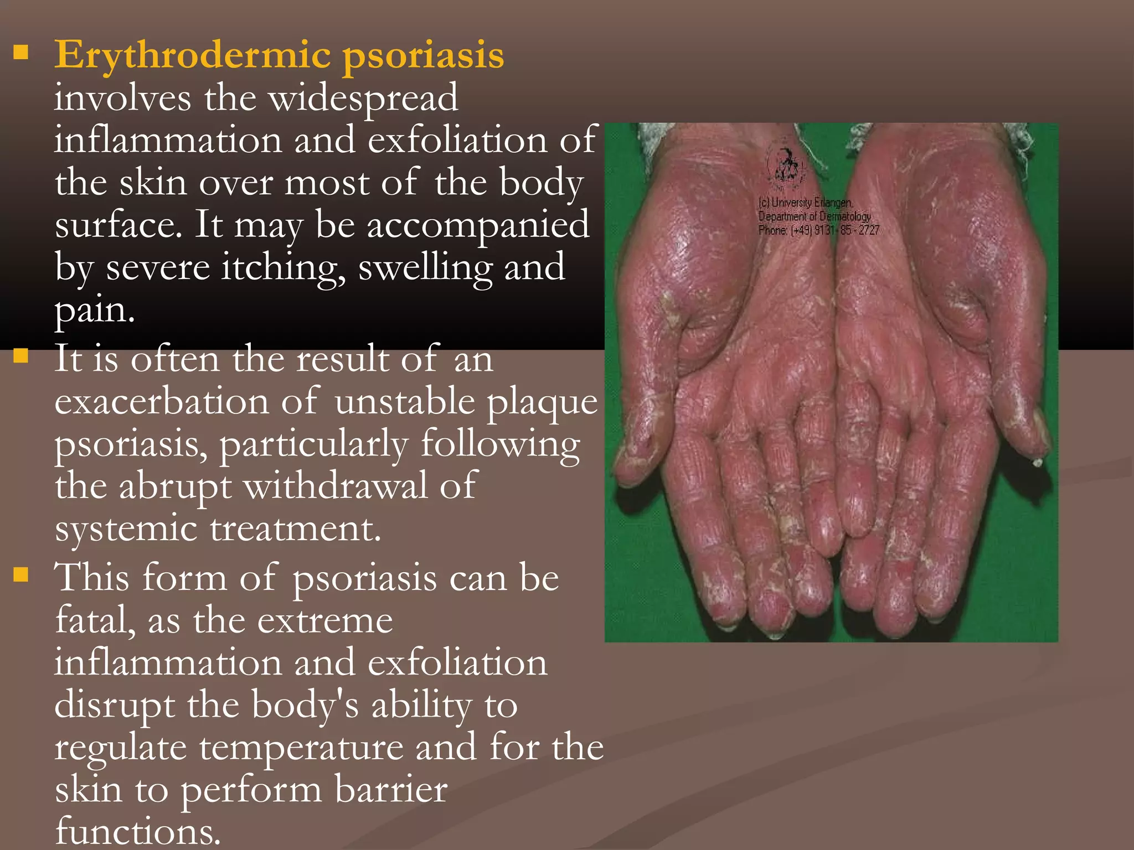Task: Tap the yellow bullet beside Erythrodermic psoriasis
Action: pyautogui.click(x=21, y=53)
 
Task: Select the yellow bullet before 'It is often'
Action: pyautogui.click(x=21, y=355)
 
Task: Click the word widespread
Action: pyautogui.click(x=364, y=99)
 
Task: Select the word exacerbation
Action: pyautogui.click(x=161, y=402)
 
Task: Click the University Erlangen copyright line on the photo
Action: pyautogui.click(x=805, y=203)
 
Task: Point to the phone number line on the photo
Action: pyautogui.click(x=818, y=230)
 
